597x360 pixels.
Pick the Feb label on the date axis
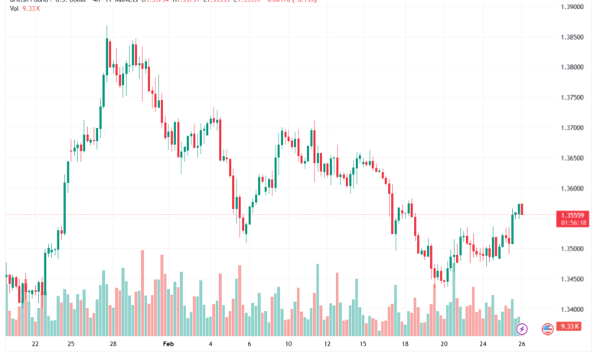click(x=168, y=345)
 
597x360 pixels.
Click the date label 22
click(x=35, y=345)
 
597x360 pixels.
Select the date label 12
click(x=328, y=345)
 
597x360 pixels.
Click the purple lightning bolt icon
click(x=522, y=329)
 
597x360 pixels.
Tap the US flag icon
click(x=547, y=329)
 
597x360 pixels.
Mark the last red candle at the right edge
click(x=521, y=209)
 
